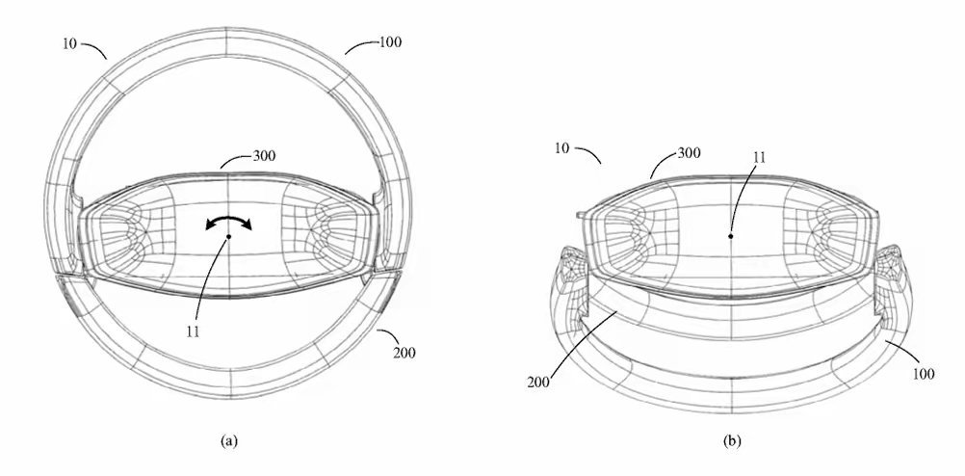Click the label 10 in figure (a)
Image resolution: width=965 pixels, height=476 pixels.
[70, 43]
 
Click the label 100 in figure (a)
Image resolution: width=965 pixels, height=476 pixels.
[390, 42]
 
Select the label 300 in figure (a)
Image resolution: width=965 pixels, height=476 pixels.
[264, 156]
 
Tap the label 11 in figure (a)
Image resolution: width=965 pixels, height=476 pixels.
[193, 331]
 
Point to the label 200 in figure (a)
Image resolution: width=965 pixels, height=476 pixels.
[404, 353]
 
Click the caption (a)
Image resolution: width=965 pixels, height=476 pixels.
[228, 440]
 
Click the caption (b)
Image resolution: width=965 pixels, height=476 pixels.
[732, 440]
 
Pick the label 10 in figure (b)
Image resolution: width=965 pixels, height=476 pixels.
[562, 148]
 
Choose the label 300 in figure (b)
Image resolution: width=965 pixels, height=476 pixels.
[689, 152]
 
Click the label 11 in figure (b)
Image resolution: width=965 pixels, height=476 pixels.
[759, 158]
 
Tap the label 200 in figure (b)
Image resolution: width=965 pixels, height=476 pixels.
[538, 382]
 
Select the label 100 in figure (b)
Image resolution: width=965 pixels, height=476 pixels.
[924, 374]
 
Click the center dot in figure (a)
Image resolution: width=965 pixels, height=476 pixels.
[228, 236]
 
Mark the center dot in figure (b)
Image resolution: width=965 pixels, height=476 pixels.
[731, 236]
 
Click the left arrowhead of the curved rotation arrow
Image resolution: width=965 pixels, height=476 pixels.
[211, 226]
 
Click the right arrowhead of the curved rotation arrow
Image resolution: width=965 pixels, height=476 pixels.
[247, 225]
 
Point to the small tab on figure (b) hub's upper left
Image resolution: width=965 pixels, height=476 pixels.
[581, 215]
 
